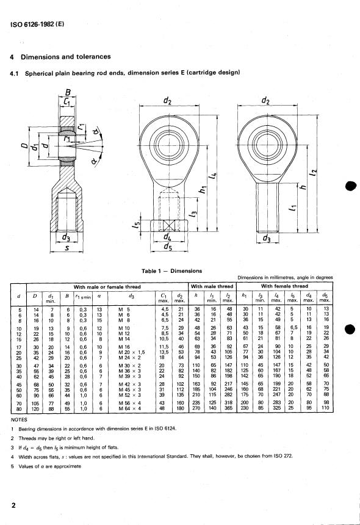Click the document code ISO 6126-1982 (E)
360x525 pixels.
37,24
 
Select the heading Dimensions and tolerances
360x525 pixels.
65,57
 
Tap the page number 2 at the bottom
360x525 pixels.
13,505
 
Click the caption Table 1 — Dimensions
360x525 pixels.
171,271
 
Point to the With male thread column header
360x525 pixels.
212,286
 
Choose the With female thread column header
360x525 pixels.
284,286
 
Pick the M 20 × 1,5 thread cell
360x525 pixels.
132,352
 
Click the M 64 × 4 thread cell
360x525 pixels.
130,408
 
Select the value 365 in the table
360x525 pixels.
229,408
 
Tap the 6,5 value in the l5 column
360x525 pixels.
293,327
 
